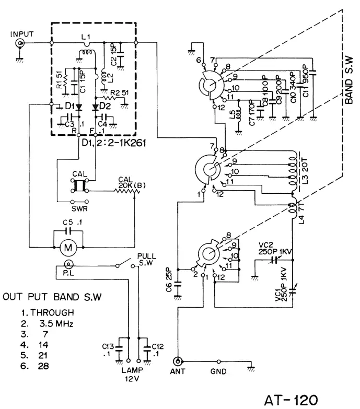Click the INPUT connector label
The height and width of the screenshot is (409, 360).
point(21,34)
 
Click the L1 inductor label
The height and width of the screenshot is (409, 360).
point(86,36)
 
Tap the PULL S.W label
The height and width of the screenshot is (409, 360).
point(145,260)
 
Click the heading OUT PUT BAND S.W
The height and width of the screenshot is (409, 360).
point(52,297)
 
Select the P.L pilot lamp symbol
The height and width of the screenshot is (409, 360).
point(67,265)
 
